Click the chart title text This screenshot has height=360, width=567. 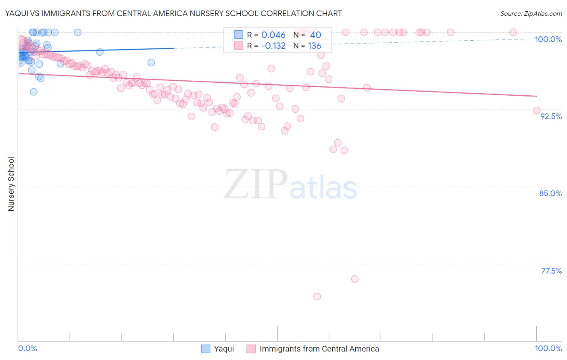173,14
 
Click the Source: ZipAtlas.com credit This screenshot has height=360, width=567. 531,14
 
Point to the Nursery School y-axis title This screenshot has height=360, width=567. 11,184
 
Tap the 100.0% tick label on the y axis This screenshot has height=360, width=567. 548,39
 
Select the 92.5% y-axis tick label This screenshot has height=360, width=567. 551,116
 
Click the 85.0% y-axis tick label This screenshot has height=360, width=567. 550,193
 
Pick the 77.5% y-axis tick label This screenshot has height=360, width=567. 551,271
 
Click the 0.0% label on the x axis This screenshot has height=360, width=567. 27,348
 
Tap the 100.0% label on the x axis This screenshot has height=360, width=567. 548,348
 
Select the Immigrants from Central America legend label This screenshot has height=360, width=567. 319,349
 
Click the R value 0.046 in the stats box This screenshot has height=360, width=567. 273,35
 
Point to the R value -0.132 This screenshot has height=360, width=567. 273,46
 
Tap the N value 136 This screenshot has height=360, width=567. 315,46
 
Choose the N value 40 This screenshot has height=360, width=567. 315,35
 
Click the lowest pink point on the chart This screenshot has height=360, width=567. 317,297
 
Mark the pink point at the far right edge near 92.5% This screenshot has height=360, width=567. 537,111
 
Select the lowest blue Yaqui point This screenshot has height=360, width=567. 34,92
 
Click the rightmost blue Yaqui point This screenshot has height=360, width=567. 151,62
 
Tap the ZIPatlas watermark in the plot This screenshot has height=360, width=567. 290,185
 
